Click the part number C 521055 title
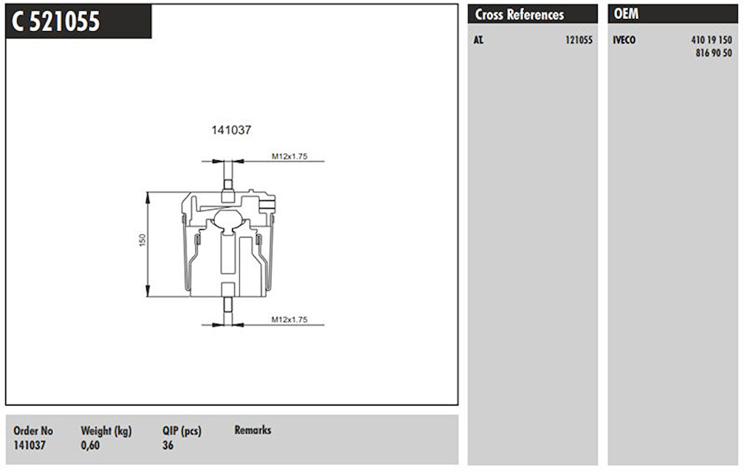click(x=56, y=21)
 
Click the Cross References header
click(x=520, y=14)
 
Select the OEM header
click(x=626, y=14)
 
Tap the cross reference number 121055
click(x=578, y=40)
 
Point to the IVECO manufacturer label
click(x=624, y=40)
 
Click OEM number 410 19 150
click(x=711, y=40)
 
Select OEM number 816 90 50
click(x=714, y=54)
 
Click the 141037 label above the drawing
click(x=231, y=130)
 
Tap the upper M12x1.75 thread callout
click(x=289, y=156)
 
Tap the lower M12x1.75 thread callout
click(x=289, y=319)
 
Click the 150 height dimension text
click(x=142, y=240)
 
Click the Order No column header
click(x=33, y=431)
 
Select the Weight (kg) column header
click(x=106, y=431)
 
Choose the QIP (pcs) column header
click(x=182, y=431)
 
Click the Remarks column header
click(x=253, y=430)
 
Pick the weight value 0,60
click(x=90, y=446)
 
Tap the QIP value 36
click(x=168, y=446)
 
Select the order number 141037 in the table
click(x=30, y=446)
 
